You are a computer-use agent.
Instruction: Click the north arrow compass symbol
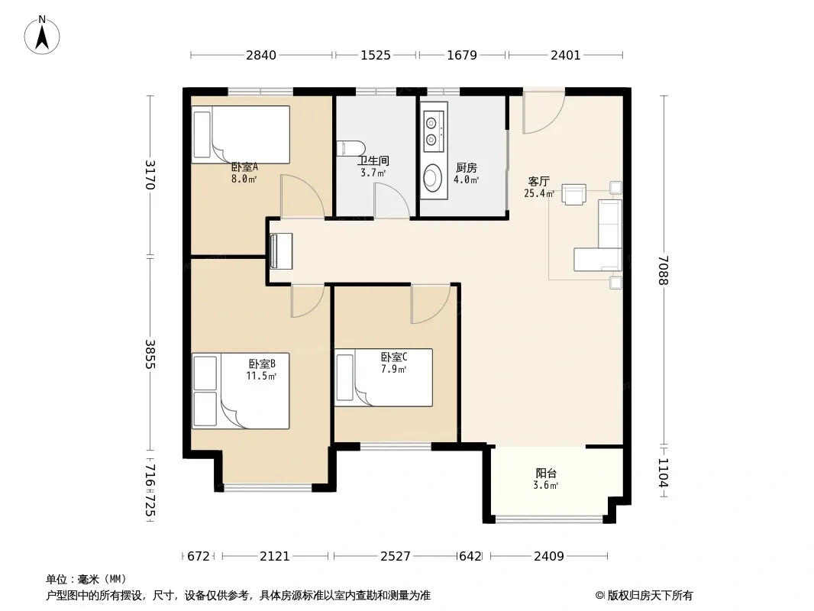pos(42,35)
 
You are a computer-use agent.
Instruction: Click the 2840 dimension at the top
pos(261,55)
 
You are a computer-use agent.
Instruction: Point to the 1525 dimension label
pos(376,55)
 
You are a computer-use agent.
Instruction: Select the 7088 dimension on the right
pos(663,270)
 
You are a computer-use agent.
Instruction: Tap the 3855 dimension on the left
pos(150,354)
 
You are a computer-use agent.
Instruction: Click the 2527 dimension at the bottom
pos(396,556)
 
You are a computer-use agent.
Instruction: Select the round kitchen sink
pos(432,177)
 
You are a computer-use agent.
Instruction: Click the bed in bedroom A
pos(241,134)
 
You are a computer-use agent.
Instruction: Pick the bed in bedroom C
pos(383,377)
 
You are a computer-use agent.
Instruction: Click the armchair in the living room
pos(574,194)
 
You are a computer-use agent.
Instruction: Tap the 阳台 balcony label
pos(546,473)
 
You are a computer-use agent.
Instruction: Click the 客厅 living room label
pos(538,181)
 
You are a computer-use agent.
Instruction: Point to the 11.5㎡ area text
pos(261,376)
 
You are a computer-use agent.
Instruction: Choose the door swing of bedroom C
pos(431,304)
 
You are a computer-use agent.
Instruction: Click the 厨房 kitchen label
pos(467,168)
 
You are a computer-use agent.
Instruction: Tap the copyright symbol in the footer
pos(599,596)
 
